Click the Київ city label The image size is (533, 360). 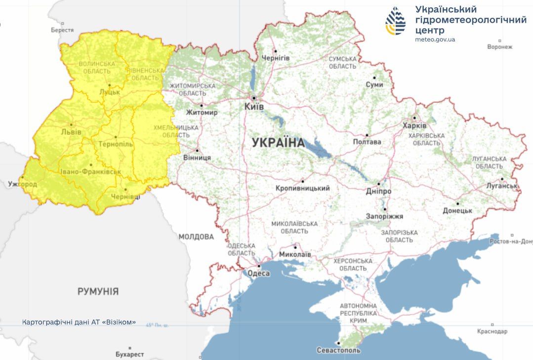[254, 107]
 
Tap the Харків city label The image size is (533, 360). [414, 125]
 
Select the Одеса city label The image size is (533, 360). [258, 274]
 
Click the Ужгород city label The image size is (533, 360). [22, 184]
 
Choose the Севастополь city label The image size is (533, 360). [338, 350]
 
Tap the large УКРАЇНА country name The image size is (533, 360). [278, 143]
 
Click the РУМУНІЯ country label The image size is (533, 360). [98, 291]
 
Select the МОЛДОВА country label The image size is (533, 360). [196, 237]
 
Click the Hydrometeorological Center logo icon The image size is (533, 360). [396, 21]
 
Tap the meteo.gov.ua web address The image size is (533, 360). [435, 40]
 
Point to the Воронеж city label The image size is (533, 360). [499, 47]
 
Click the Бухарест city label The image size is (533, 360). [129, 354]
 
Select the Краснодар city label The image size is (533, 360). [492, 331]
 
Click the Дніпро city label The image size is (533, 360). [379, 191]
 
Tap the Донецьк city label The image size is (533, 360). [457, 210]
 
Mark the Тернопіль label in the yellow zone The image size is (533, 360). [116, 144]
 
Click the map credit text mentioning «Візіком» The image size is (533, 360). [79, 322]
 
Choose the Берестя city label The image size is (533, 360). [62, 30]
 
